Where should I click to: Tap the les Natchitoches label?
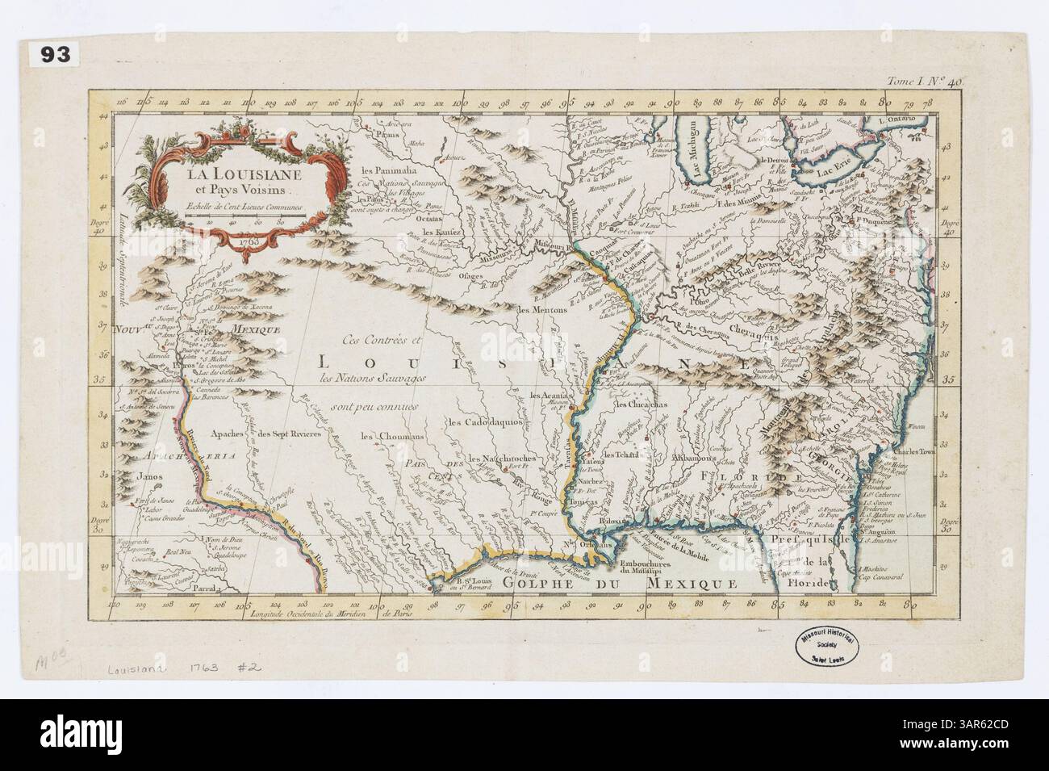[499, 459]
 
